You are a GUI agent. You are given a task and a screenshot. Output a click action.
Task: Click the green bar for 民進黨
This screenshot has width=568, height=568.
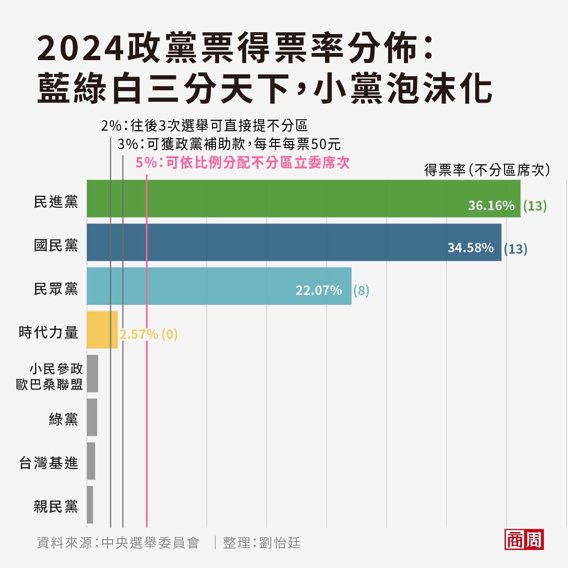[x=303, y=199]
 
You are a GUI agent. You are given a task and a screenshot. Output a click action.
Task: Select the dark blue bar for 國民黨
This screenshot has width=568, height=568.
[x=293, y=242]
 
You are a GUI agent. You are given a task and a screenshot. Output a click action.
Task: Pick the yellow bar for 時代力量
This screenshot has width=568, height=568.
[x=102, y=330]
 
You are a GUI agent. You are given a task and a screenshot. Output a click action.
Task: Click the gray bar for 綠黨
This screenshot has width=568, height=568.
[x=92, y=417]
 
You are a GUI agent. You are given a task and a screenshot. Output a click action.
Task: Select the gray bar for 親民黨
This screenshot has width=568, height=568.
[x=90, y=505]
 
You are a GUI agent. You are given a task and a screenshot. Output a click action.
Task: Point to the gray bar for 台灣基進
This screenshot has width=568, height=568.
[x=91, y=461]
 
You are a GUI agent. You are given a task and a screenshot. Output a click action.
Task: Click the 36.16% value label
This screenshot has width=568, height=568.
[x=491, y=206]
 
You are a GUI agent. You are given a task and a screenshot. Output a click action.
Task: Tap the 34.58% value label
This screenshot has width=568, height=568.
[x=470, y=248]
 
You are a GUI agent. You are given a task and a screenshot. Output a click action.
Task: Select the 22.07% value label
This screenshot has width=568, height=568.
[x=319, y=291]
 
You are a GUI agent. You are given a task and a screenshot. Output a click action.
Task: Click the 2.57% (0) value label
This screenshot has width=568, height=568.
[x=148, y=335]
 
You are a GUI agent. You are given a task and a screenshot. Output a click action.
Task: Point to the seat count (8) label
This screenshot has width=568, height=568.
[x=361, y=291]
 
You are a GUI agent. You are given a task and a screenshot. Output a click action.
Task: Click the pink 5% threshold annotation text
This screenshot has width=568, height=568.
[x=242, y=163]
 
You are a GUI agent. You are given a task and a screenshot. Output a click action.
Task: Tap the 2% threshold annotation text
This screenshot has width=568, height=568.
[x=204, y=126]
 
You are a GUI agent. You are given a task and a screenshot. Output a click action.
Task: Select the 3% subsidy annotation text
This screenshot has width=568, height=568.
[x=229, y=144]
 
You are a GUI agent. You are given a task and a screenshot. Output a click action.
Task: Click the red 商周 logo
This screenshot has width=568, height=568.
[x=524, y=540]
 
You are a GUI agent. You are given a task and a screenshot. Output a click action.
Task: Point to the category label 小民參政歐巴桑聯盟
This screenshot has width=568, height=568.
[x=50, y=377]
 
